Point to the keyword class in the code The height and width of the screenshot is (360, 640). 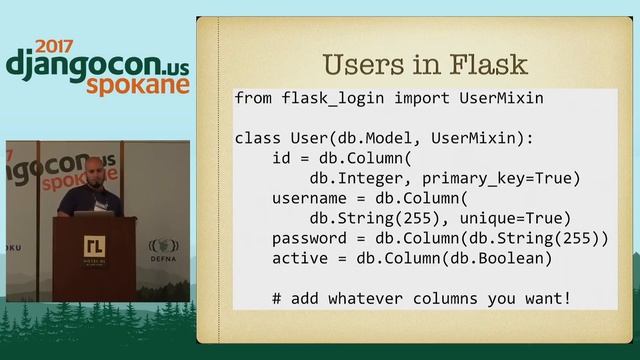[257, 137]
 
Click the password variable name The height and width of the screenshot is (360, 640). [309, 239]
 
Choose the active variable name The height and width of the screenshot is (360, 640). [299, 259]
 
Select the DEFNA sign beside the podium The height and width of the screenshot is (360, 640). [162, 249]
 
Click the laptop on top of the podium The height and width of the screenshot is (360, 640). [103, 205]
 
